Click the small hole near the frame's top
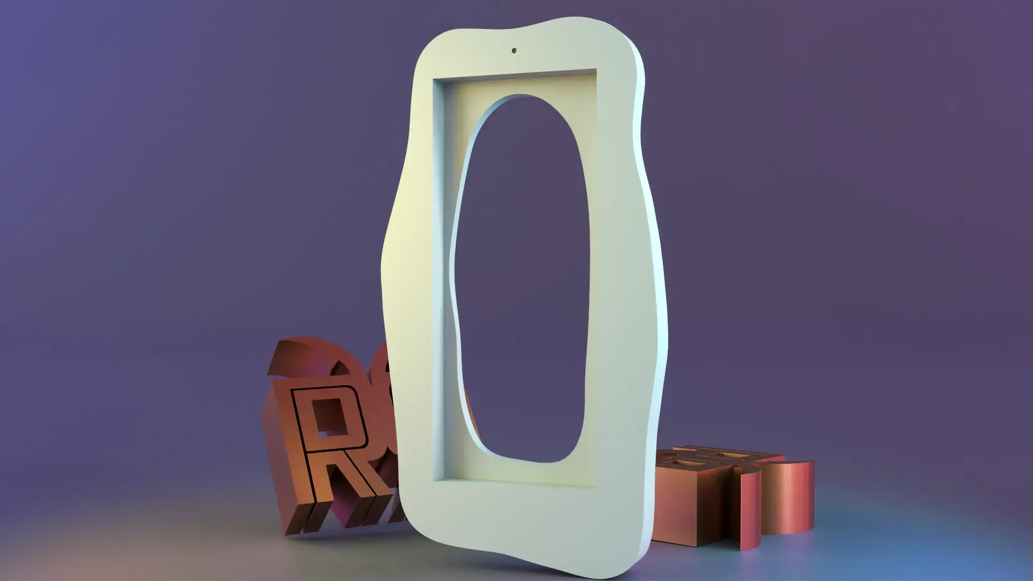pyautogui.click(x=514, y=51)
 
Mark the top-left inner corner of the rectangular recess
pyautogui.click(x=435, y=81)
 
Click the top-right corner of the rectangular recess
pyautogui.click(x=596, y=70)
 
